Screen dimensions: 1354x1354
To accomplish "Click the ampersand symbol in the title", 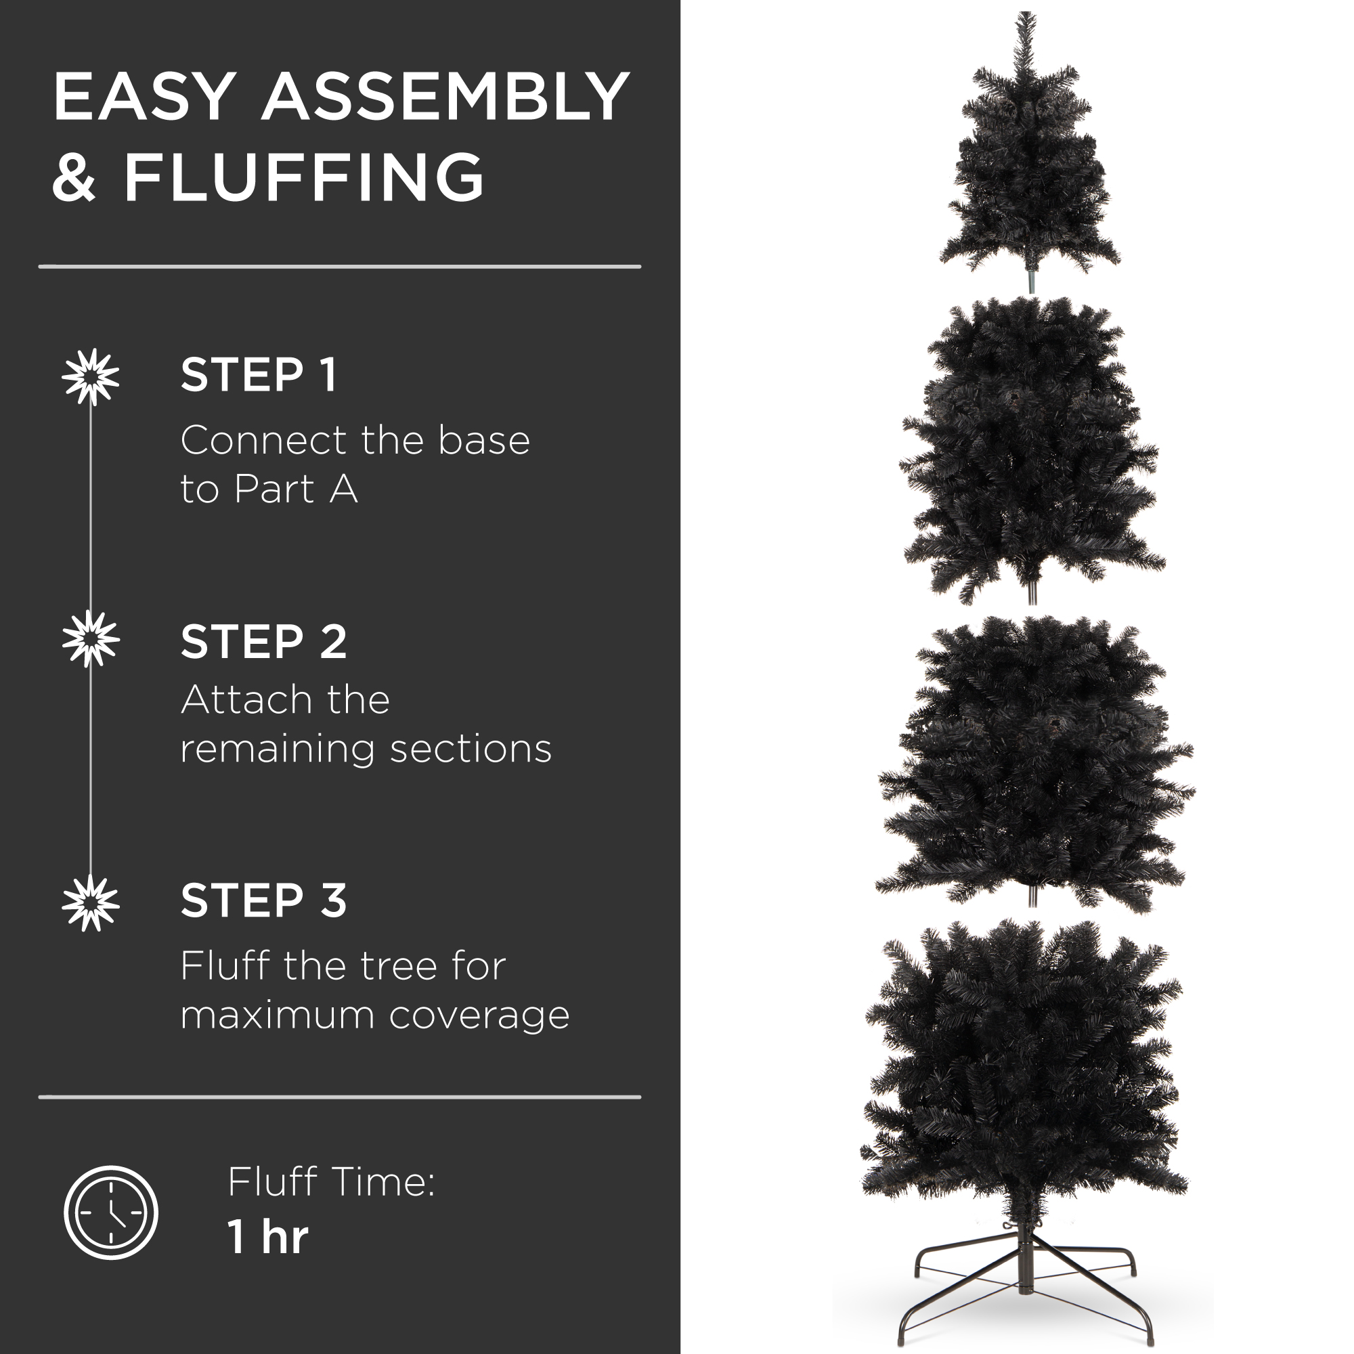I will point(74,178).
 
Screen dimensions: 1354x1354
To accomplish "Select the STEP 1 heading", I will point(259,375).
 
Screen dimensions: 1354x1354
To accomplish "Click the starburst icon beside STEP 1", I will point(91,377).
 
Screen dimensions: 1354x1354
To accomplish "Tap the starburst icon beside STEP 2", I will point(91,638).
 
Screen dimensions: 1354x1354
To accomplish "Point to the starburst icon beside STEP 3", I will point(91,903).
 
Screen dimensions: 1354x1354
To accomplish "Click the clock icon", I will point(111,1213).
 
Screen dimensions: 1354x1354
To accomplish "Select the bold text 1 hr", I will point(267,1237).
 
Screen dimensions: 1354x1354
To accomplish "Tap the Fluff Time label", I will point(331,1182).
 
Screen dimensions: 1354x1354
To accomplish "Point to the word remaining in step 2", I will point(278,749).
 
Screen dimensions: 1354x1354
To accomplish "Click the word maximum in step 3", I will point(277,1016).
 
